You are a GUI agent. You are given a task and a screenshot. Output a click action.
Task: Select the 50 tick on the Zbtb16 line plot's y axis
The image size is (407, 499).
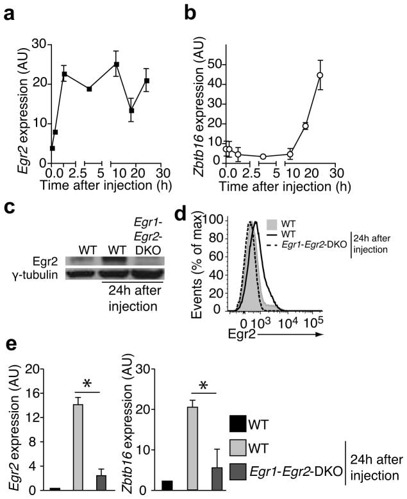pos(250,65)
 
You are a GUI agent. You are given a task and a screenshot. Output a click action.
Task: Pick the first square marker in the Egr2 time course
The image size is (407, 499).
pos(52,148)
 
